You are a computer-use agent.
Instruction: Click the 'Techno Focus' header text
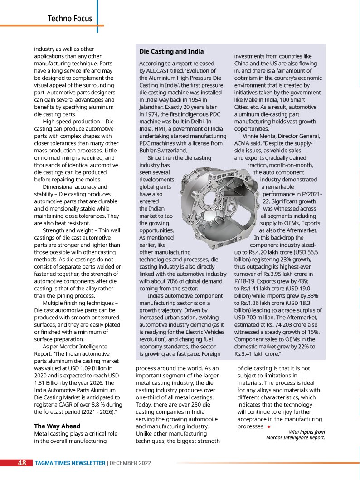coord(70,19)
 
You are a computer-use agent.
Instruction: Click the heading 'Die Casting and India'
coord(171,52)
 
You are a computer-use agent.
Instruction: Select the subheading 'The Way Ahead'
coord(57,426)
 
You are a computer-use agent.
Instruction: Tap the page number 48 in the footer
coord(22,463)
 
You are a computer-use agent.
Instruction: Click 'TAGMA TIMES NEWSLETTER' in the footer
coord(70,463)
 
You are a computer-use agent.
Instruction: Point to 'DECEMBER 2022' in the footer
coord(130,463)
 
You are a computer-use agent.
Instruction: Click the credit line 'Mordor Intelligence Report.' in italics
coord(295,438)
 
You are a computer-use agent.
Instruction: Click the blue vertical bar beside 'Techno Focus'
coord(97,16)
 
